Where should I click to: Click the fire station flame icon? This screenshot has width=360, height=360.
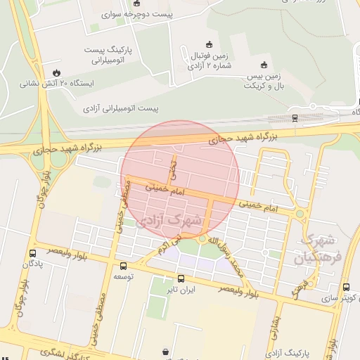(x=56, y=72)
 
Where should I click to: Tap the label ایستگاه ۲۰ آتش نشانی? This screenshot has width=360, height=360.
(x=56, y=82)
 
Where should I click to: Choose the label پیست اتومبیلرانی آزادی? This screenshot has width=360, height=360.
(x=121, y=109)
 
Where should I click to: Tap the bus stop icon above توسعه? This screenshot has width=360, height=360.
(x=124, y=266)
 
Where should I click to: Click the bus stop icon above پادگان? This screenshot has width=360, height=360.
(x=33, y=253)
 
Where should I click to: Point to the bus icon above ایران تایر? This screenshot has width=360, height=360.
(x=181, y=278)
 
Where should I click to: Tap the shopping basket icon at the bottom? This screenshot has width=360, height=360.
(x=165, y=352)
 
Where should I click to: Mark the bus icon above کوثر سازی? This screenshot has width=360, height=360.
(x=344, y=287)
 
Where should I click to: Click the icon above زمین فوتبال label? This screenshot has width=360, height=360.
(x=207, y=44)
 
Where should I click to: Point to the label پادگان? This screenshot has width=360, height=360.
(x=33, y=264)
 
